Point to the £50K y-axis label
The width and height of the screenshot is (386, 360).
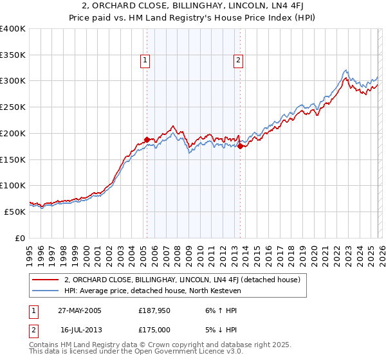[x=15, y=211]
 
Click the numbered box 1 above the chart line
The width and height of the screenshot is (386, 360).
[x=145, y=60]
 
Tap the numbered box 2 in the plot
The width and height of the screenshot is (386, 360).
[x=238, y=60]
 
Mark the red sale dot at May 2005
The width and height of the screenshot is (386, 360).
[x=147, y=139]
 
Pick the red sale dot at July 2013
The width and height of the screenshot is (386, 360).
[x=240, y=146]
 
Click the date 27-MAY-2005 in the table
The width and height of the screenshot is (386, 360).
[x=79, y=310]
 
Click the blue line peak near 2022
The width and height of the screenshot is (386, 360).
[x=345, y=70]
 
